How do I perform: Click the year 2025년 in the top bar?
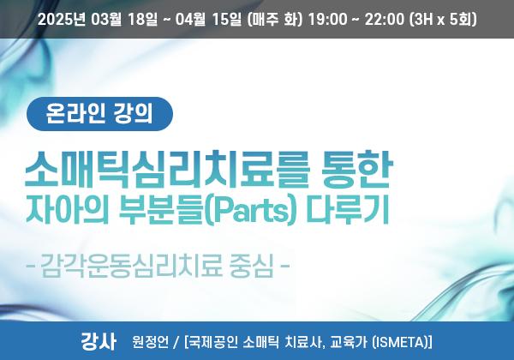pyautogui.click(x=62, y=20)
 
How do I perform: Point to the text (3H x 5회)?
pyautogui.click(x=443, y=20)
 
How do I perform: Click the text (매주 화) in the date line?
pyautogui.click(x=275, y=20)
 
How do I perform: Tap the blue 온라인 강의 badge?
pyautogui.click(x=99, y=114)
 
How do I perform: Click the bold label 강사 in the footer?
pyautogui.click(x=98, y=341)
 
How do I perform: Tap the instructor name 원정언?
pyautogui.click(x=150, y=342)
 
